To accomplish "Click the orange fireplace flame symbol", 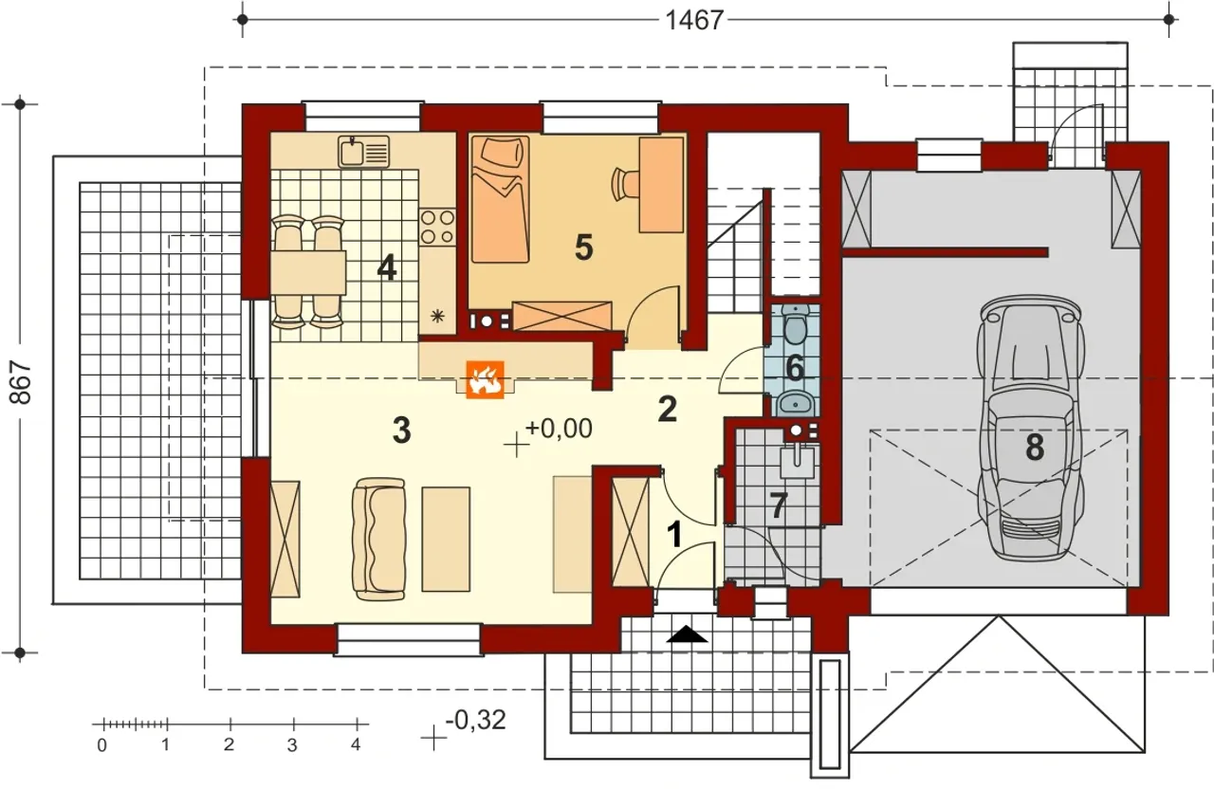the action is coord(485,380).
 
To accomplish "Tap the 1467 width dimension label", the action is coord(694,21).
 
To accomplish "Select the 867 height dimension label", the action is coord(21,382).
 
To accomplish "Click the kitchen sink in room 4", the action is coord(363,151).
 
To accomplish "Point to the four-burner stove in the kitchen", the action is coord(437,227).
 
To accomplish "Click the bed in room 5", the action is coord(500,199).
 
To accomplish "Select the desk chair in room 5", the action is coord(624,183).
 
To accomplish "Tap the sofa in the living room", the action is coord(378,539).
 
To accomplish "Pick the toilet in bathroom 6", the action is coord(795,324).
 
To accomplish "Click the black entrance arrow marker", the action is coord(687,634).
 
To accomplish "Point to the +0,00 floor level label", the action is coord(559,429).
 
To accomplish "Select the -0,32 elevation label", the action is coord(475,720).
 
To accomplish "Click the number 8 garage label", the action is coord(1035,449).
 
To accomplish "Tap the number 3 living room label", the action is coord(401,431).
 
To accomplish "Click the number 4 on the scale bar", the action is coord(356,744).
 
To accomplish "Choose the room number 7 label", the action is coord(779,506).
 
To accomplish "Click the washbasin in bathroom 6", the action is coord(795,403).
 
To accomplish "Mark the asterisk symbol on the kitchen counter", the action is coord(437,316).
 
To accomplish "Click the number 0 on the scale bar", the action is coord(101,745).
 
